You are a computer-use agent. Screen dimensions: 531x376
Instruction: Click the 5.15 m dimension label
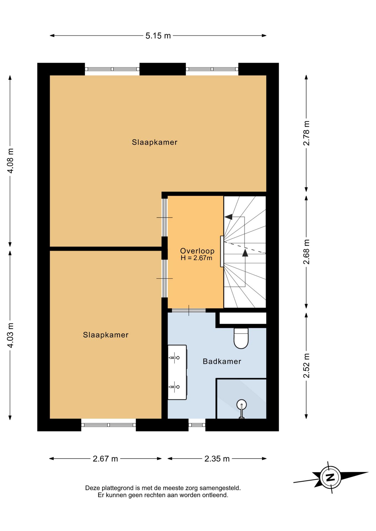click(x=158, y=36)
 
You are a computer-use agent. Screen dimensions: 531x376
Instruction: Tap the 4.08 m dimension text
click(x=10, y=161)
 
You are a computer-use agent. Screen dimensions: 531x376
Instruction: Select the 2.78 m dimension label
click(x=306, y=133)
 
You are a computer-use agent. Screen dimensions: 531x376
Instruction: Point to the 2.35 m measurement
click(x=217, y=459)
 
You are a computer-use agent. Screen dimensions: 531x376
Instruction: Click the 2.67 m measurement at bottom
click(x=105, y=459)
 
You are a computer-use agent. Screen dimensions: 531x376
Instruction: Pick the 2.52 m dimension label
click(x=306, y=365)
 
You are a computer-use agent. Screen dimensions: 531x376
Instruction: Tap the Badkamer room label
click(x=222, y=361)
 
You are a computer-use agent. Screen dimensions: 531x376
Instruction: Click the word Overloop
click(x=197, y=251)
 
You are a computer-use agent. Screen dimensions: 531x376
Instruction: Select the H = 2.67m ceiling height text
click(x=197, y=258)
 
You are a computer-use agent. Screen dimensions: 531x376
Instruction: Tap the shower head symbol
click(x=241, y=405)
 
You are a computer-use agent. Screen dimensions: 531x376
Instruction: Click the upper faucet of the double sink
click(x=174, y=358)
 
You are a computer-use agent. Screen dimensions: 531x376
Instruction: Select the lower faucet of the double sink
click(x=174, y=387)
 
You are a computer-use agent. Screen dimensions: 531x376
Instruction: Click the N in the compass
click(x=330, y=477)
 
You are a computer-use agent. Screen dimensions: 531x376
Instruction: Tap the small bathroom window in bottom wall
click(x=197, y=425)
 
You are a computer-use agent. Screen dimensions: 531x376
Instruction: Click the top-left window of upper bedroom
click(x=112, y=69)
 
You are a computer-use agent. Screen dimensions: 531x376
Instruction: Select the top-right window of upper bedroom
click(x=212, y=69)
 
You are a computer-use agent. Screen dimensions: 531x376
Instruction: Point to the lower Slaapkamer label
click(x=105, y=335)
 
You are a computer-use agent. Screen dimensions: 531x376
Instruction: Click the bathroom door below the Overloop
click(x=189, y=310)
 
